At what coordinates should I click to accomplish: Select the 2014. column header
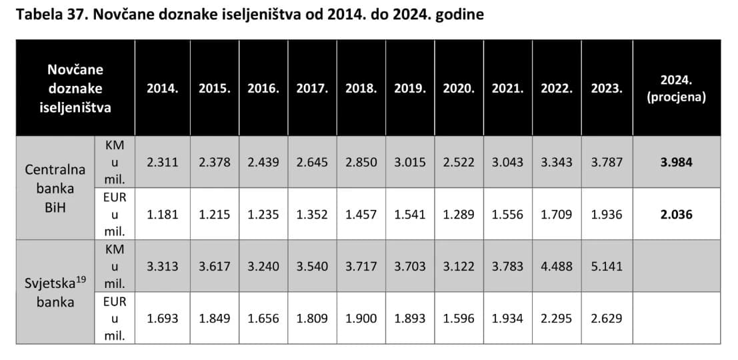click(163, 88)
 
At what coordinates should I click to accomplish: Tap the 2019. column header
click(410, 88)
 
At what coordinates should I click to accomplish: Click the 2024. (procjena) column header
click(676, 88)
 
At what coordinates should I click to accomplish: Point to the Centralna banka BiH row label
click(55, 188)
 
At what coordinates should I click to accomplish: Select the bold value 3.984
click(676, 162)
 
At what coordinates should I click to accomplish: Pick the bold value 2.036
click(676, 215)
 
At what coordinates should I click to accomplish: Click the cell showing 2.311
click(163, 162)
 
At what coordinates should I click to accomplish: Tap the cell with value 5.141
click(606, 266)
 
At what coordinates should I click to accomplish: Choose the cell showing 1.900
click(361, 318)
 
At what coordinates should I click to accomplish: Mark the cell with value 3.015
click(410, 162)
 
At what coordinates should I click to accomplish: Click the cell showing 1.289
click(459, 215)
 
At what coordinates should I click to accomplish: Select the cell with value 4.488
click(557, 266)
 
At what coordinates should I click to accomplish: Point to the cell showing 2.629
click(606, 318)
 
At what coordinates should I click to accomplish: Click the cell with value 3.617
click(215, 266)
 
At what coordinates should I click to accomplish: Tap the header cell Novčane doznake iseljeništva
click(75, 88)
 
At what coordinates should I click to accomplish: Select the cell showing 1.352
click(312, 215)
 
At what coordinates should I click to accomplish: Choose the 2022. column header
click(557, 88)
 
